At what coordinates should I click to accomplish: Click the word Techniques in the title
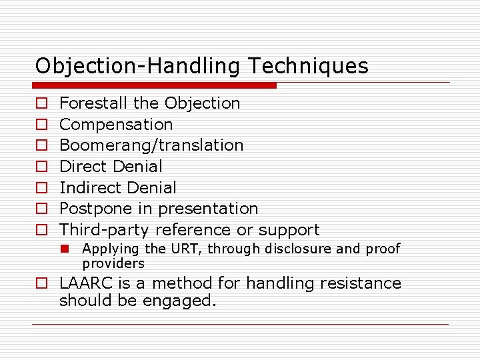point(308,66)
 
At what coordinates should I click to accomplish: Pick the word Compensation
point(116,125)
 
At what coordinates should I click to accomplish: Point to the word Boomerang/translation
point(151,145)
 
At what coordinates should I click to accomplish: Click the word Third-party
point(105,230)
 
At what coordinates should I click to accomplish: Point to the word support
point(289,230)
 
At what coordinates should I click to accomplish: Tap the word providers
point(113,263)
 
